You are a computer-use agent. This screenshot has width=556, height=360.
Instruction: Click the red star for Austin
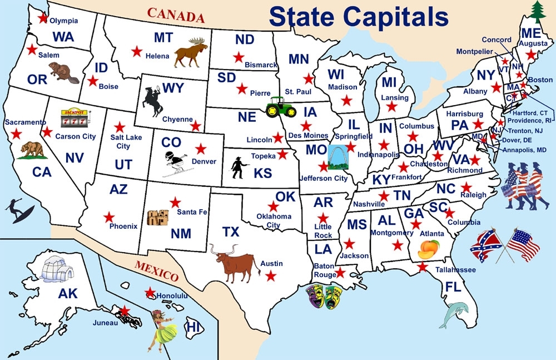click(x=271, y=275)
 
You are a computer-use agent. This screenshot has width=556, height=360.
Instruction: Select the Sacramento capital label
click(x=26, y=122)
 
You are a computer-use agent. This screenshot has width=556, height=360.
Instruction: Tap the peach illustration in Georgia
click(x=429, y=249)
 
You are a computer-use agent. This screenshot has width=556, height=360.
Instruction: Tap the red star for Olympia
click(x=43, y=18)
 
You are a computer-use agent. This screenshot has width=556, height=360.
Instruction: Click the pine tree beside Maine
click(x=537, y=11)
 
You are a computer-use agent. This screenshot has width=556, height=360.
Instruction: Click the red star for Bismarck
click(x=239, y=57)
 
